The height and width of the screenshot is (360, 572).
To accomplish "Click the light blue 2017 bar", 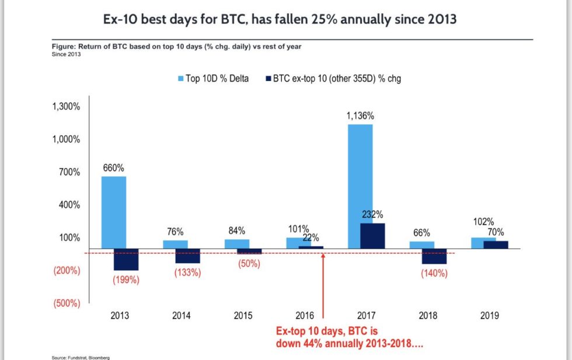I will [360, 186].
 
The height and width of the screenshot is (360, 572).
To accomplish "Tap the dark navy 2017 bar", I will [373, 236].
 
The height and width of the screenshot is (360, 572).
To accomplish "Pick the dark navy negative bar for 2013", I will [125, 259].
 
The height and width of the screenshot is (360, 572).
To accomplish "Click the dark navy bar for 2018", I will [434, 256].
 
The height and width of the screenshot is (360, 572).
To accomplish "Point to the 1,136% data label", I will [360, 116].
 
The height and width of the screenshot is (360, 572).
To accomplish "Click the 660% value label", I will [114, 168].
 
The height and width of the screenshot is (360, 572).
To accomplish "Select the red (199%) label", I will [126, 279].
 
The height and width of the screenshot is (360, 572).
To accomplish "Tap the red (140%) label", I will [434, 273].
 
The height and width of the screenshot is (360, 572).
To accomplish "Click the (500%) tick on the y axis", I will [67, 303].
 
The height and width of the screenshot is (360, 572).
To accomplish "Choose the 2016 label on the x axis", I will [305, 316].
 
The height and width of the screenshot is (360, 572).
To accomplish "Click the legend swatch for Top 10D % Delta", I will [180, 79].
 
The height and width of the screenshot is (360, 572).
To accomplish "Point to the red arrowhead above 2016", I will [323, 255].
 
